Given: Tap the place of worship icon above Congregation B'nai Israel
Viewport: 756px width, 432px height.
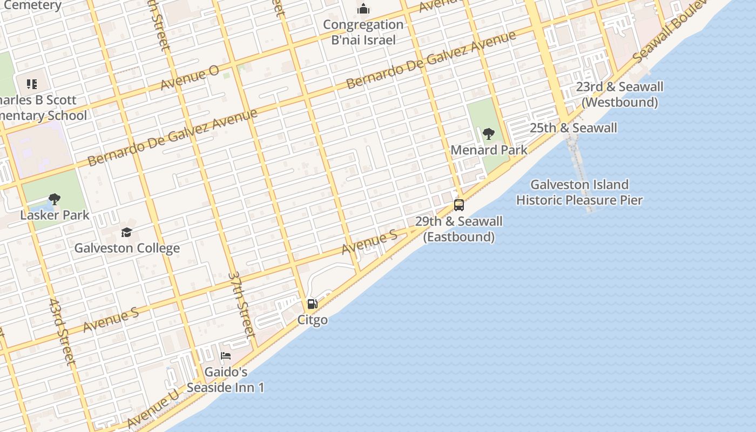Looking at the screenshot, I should pos(364,9).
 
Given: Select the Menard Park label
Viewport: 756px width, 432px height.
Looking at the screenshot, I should pos(489,150).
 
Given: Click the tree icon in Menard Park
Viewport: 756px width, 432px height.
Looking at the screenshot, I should pos(489,134).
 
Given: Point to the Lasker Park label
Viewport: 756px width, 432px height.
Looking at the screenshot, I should pos(55,215).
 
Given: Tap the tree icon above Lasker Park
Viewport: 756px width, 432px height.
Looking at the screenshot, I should pos(54,199).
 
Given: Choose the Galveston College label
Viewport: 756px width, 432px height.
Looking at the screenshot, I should pos(127,248).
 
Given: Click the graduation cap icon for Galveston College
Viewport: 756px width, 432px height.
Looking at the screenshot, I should pos(126,233).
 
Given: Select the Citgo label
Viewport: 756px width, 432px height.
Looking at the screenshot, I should pos(312,320).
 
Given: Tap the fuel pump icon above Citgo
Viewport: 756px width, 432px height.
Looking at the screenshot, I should pos(312,304).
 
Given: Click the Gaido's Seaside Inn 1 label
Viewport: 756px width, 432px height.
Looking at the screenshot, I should pos(226,380).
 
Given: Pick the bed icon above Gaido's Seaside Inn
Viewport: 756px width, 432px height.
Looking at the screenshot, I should pos(226,356).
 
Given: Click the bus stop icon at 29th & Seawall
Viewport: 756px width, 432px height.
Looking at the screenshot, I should pos(459,205).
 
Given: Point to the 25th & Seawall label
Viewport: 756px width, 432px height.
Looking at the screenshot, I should pos(573,128).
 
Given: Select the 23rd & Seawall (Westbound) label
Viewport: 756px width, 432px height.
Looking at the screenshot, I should pos(619,94).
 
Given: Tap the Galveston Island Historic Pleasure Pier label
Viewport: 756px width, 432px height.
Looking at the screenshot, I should pos(579,192).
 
